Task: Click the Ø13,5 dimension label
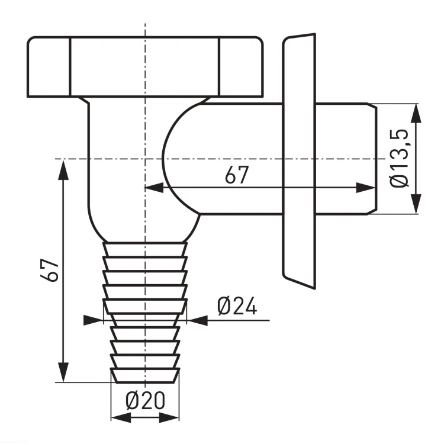click(400, 158)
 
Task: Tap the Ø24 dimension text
click(237, 306)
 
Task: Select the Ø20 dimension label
click(145, 400)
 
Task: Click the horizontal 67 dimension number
click(237, 175)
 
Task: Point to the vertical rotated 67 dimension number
click(50, 269)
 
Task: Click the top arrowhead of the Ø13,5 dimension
click(416, 113)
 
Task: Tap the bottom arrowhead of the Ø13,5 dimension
click(416, 204)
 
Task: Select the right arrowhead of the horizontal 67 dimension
click(366, 188)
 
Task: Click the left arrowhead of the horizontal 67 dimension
click(155, 188)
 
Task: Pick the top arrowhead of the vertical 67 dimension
click(63, 170)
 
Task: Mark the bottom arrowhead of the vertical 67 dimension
click(63, 372)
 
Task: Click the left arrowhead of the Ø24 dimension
click(93, 320)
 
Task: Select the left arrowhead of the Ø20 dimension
click(121, 417)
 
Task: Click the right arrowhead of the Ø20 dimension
click(169, 417)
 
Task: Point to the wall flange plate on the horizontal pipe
click(299, 162)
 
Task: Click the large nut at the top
click(145, 67)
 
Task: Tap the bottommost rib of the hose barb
click(144, 375)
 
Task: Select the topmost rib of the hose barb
click(144, 249)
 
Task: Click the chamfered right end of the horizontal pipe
click(372, 159)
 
